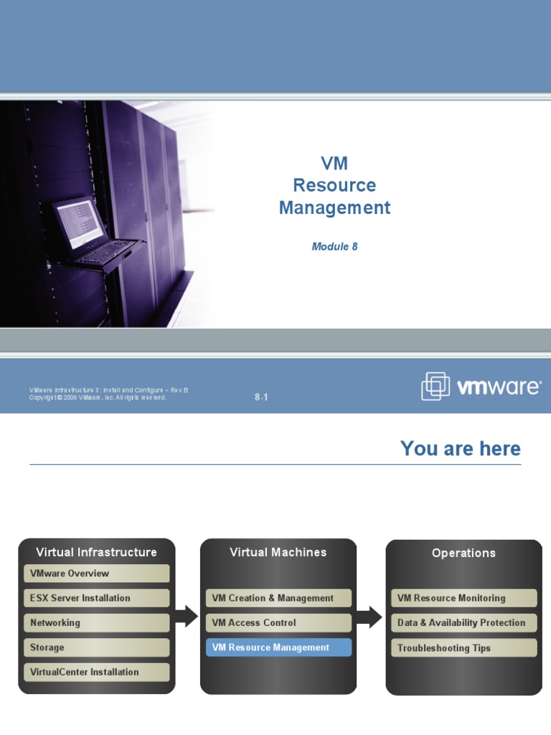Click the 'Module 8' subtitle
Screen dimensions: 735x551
334,246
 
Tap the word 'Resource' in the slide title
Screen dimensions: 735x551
334,185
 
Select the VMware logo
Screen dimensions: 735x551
481,387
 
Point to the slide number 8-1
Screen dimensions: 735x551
261,397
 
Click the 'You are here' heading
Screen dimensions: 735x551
460,449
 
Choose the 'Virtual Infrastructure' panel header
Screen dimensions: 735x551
96,552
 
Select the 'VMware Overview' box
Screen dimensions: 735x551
97,574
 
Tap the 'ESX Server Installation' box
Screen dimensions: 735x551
97,598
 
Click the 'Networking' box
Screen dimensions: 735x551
97,623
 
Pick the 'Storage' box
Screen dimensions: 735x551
97,647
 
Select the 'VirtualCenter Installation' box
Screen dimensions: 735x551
97,672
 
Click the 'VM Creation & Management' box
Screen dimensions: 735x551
279,598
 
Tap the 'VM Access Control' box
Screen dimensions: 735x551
279,623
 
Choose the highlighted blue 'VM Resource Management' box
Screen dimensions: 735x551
279,647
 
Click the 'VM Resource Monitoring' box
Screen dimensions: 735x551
463,598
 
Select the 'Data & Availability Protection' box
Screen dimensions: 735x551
463,623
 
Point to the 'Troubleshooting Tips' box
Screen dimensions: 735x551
463,648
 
